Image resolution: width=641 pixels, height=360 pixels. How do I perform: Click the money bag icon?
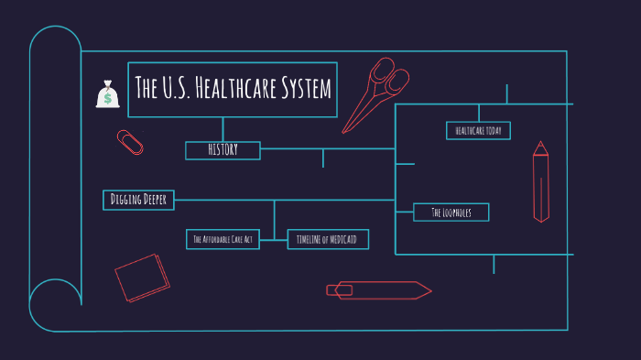pos(108,93)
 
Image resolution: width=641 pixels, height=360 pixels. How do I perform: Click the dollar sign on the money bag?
pos(108,96)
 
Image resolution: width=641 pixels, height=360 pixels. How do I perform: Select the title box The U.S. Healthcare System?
pos(233,90)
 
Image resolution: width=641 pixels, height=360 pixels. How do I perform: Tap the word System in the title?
pos(306,90)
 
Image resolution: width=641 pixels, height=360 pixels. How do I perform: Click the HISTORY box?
pos(223,150)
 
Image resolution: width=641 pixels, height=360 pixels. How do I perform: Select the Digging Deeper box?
pos(138,200)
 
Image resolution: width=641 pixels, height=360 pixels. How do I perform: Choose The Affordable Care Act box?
pos(223,239)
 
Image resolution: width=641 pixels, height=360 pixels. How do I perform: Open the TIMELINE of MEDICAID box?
pos(327,239)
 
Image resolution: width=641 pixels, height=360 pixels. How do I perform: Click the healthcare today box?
pos(478,131)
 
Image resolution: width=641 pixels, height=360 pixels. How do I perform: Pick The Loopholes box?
pos(451,213)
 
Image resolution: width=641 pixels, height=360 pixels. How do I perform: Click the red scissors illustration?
pos(377,92)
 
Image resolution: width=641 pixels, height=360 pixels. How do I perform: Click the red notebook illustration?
pos(142,278)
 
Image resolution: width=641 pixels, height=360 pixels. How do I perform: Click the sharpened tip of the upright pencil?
pos(541,144)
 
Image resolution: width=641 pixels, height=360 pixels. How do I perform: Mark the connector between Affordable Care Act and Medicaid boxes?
pos(274,239)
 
